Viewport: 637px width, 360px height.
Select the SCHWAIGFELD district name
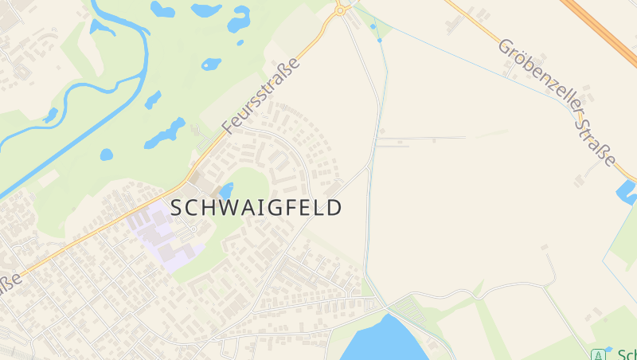coord(256,208)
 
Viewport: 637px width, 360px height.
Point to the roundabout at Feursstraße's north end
coord(341,10)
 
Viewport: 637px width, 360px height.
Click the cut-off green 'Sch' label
coord(627,354)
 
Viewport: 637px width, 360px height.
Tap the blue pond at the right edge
coord(626,191)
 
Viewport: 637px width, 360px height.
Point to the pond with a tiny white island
coord(211,64)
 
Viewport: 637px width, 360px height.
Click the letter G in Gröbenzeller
coord(506,45)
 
